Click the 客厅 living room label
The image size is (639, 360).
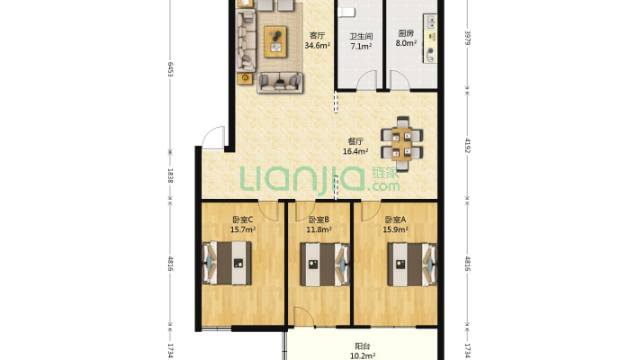point(317,35)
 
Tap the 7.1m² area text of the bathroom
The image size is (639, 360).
point(361,47)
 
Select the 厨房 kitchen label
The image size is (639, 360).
point(406,33)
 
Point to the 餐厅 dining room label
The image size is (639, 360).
point(355,141)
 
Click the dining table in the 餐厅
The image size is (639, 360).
point(401,143)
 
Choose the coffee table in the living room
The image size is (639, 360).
point(276,41)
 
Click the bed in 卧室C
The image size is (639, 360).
point(227,263)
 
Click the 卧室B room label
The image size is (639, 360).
point(319,220)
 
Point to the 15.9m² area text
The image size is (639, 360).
point(395,229)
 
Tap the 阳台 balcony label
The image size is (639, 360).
point(363,346)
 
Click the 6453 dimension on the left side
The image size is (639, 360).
point(170,69)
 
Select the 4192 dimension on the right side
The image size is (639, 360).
point(468,146)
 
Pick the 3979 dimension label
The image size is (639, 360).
point(468,38)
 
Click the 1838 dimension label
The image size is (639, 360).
point(170,175)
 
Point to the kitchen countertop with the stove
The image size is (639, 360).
point(430,39)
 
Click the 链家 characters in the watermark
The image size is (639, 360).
point(385,173)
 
